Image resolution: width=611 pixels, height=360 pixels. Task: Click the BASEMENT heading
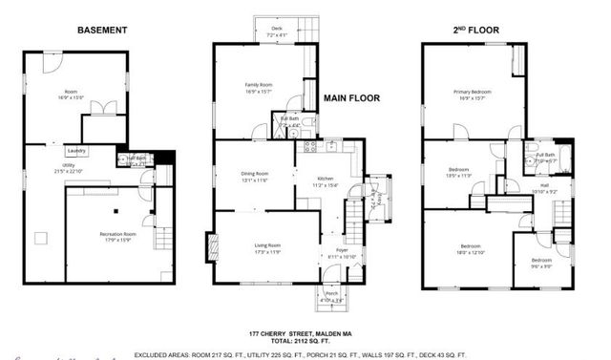click(x=102, y=30)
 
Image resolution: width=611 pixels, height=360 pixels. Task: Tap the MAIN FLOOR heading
click(x=352, y=98)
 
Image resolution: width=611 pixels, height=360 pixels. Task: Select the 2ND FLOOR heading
click(x=475, y=30)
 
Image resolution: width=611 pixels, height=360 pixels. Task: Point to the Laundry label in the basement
click(x=74, y=151)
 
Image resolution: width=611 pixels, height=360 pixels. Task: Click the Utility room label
click(x=44, y=166)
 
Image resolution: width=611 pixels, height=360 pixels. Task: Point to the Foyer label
click(x=341, y=252)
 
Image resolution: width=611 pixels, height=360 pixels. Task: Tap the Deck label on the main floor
click(x=277, y=30)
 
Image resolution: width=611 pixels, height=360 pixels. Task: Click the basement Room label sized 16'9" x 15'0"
click(x=70, y=92)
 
